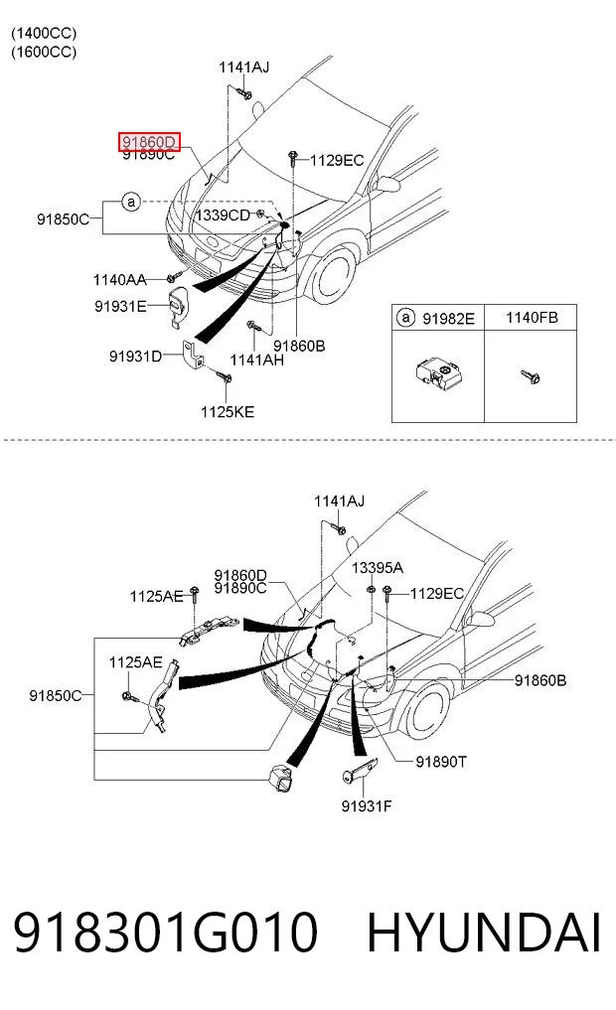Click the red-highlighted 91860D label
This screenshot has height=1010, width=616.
pyautogui.click(x=149, y=142)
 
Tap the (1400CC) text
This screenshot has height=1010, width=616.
pyautogui.click(x=44, y=33)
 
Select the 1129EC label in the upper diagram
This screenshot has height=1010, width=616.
pyautogui.click(x=337, y=161)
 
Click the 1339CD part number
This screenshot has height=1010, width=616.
pyautogui.click(x=223, y=216)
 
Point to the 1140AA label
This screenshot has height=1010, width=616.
pyautogui.click(x=120, y=279)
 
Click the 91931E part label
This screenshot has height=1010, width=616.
pyautogui.click(x=120, y=306)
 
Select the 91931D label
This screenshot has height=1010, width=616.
pyautogui.click(x=135, y=357)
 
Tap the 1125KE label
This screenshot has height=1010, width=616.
pyautogui.click(x=228, y=411)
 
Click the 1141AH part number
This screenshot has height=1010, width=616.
pyautogui.click(x=257, y=361)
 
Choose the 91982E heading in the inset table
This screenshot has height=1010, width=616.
pyautogui.click(x=448, y=318)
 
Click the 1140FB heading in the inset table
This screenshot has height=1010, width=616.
pyautogui.click(x=532, y=318)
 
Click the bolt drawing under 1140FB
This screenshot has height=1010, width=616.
pyautogui.click(x=531, y=376)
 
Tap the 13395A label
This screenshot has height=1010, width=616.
pyautogui.click(x=378, y=567)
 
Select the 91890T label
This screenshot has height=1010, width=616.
pyautogui.click(x=441, y=762)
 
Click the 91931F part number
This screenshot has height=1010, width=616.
pyautogui.click(x=367, y=805)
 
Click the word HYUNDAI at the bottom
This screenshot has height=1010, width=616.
pyautogui.click(x=484, y=933)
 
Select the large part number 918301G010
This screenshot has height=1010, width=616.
pyautogui.click(x=166, y=933)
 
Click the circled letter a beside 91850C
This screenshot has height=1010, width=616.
pyautogui.click(x=131, y=203)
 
